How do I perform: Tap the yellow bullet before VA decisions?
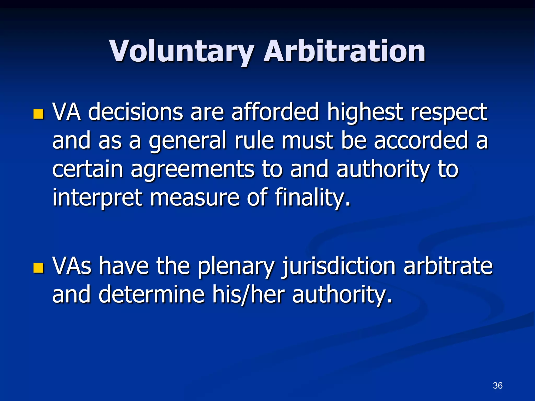point(38,114)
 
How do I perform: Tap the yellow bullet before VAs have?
point(38,268)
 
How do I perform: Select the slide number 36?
point(498,385)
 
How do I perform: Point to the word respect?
point(449,112)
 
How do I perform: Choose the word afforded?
point(275,112)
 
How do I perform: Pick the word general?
point(187,141)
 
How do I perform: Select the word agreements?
point(192,170)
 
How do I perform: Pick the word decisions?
point(136,112)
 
